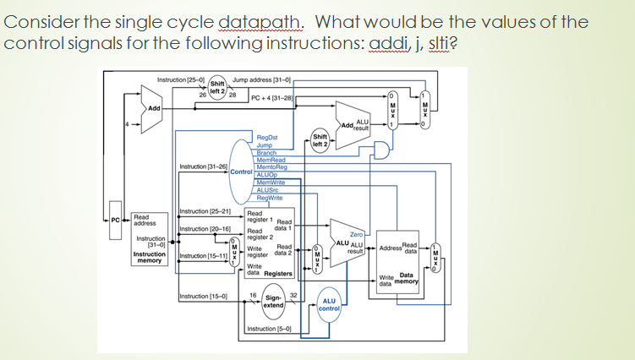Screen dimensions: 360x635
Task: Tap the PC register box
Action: pyautogui.click(x=116, y=221)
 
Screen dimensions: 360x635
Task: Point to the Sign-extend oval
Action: pyautogui.click(x=273, y=301)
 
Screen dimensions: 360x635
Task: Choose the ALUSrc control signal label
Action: pyautogui.click(x=268, y=190)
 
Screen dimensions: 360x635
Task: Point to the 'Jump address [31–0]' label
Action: pyautogui.click(x=261, y=79)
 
